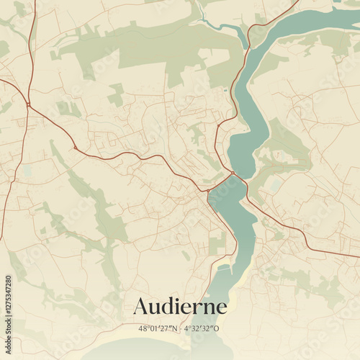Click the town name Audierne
click(x=179, y=307)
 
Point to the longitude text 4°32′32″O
click(x=202, y=328)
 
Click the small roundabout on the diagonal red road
click(x=75, y=148)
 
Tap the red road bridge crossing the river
click(x=233, y=175)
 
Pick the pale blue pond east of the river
click(x=274, y=185)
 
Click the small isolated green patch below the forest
click(x=116, y=94)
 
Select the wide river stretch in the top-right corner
click(x=317, y=22)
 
